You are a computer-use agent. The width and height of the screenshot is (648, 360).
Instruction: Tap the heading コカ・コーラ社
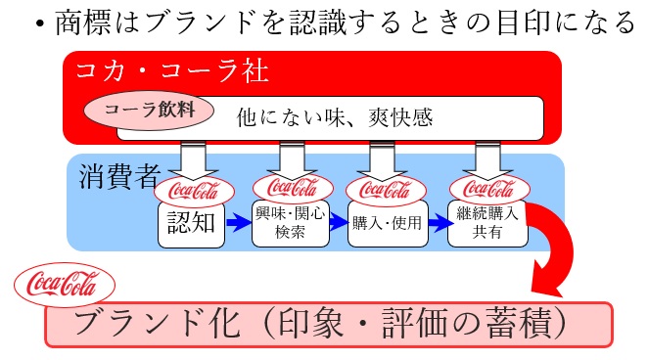[x=165, y=70]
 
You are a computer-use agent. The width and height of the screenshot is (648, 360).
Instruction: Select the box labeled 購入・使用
[x=386, y=224]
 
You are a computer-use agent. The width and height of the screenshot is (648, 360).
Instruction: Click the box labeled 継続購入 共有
[x=486, y=224]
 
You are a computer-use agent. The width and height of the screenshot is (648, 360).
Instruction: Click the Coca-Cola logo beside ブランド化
[x=65, y=287]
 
